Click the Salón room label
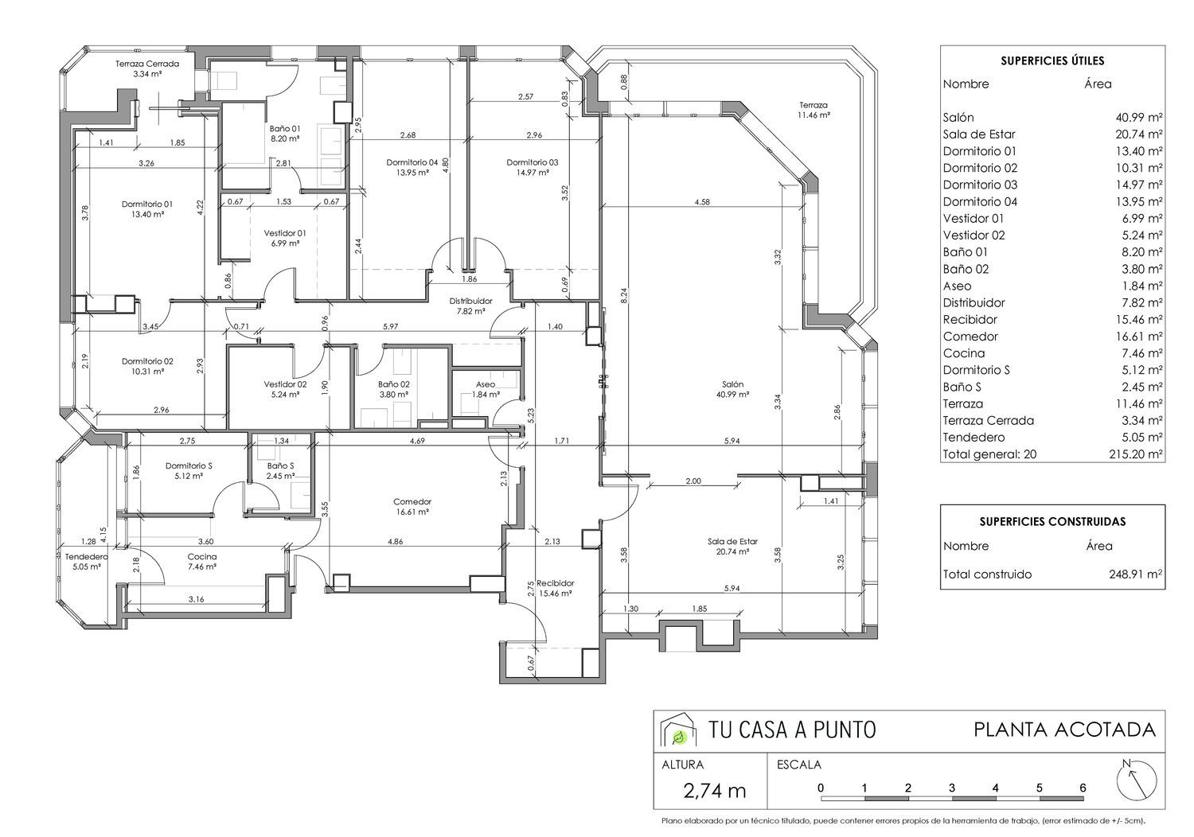[x=733, y=384]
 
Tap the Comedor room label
[x=412, y=501]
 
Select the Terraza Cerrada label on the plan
[x=147, y=64]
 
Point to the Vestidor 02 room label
[x=285, y=384]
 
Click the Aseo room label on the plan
[x=486, y=384]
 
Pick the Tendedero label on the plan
[x=86, y=557]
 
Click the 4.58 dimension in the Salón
[x=702, y=202]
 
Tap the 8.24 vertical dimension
[x=624, y=296]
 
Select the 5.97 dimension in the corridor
[x=391, y=326]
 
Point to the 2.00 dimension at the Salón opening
[x=693, y=481]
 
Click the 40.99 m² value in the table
[x=1139, y=117]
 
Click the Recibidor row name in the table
[x=970, y=320]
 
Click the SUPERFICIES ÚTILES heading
[x=1053, y=60]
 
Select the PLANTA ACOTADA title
[x=1065, y=730]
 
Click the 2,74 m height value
[x=714, y=791]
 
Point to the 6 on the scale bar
[x=1083, y=788]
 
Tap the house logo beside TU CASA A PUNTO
[x=678, y=730]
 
